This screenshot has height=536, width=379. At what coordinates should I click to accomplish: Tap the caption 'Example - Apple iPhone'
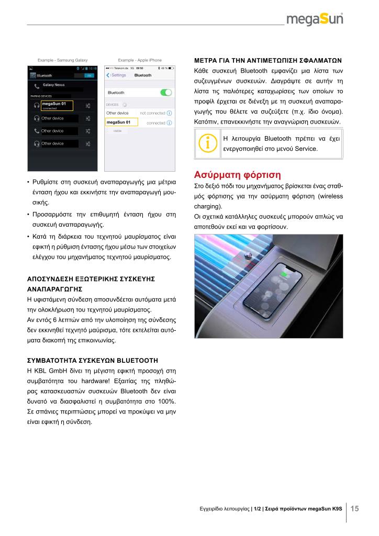pos(140,60)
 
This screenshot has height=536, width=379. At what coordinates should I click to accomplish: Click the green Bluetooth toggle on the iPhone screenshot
pos(166,92)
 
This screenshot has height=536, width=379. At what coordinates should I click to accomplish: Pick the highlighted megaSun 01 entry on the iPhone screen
pos(121,122)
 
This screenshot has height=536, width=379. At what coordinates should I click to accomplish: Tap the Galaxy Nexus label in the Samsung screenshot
pos(53,84)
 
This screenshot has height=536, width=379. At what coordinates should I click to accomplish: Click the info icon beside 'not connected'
pos(169,113)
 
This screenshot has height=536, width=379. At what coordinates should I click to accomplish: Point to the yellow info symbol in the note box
pos(208,144)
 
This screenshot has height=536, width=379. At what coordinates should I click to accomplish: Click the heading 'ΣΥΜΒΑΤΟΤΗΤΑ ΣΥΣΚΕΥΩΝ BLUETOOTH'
pos(92,361)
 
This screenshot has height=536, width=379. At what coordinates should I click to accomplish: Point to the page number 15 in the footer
pos(355,508)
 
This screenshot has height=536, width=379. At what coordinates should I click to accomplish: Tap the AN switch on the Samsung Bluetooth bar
pos(89,75)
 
